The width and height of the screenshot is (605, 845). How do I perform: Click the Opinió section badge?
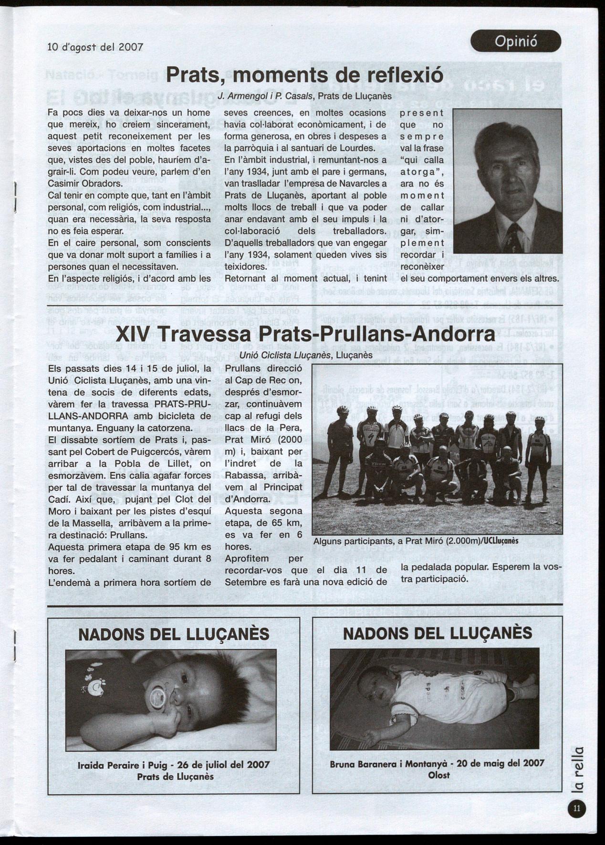click(x=515, y=42)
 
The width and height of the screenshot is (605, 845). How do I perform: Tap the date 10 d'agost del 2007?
click(x=95, y=47)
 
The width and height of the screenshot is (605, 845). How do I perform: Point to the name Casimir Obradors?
click(x=81, y=183)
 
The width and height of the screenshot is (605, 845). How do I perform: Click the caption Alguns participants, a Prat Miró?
click(x=415, y=541)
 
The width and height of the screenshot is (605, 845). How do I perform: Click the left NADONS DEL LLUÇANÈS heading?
click(x=174, y=634)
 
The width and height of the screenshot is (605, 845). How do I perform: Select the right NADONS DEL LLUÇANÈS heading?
click(x=438, y=633)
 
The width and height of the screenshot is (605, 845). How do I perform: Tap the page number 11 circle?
click(x=576, y=808)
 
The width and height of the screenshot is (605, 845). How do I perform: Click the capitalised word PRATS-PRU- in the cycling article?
click(x=182, y=404)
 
